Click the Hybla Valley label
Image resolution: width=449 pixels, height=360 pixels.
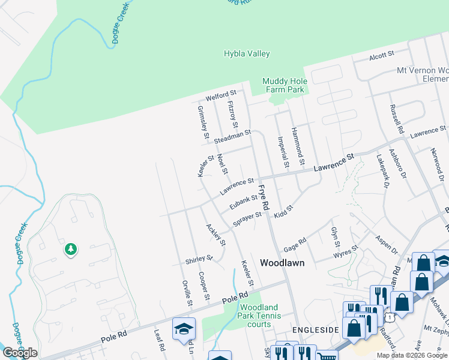(247, 54)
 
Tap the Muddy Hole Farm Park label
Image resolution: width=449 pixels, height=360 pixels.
(285, 86)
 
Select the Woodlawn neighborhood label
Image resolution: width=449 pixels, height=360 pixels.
(282, 263)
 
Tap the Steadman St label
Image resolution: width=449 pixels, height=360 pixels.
(231, 137)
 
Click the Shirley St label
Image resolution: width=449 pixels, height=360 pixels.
(200, 259)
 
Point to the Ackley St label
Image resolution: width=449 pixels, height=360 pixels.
(215, 235)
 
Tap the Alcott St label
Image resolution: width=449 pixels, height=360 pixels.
(381, 55)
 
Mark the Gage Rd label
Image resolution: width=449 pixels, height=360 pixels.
(295, 245)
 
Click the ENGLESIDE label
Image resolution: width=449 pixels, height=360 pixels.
(312, 330)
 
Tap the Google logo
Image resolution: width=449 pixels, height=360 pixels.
(20, 353)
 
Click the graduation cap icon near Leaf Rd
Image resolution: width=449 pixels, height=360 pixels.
(184, 329)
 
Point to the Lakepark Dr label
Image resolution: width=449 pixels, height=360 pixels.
(382, 170)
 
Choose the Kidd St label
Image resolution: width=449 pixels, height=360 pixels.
(283, 211)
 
